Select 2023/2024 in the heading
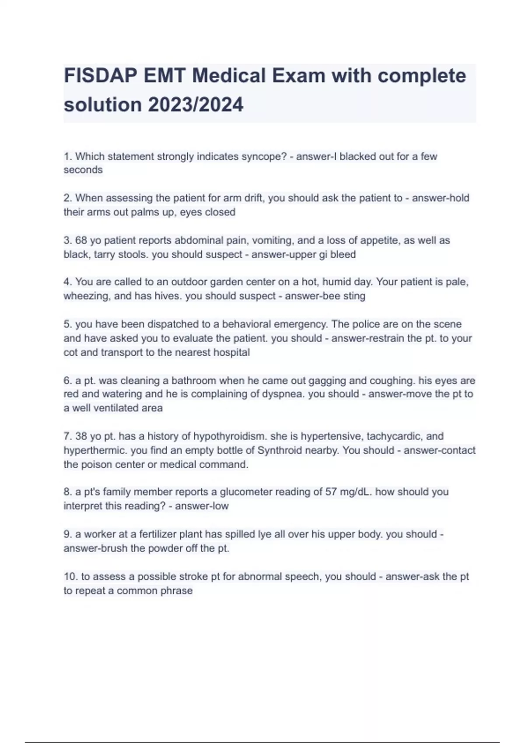coord(195,105)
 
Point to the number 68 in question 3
coord(81,240)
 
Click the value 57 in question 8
coord(331,492)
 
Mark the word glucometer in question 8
coord(249,492)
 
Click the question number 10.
coord(70,576)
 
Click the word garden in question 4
coord(217,282)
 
